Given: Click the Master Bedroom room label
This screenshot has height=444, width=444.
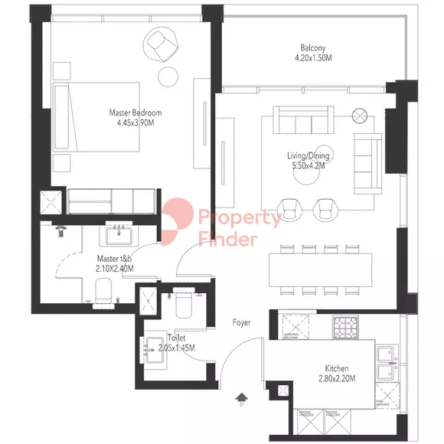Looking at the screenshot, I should point(135,113).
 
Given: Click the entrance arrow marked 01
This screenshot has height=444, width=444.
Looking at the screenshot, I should point(242,398).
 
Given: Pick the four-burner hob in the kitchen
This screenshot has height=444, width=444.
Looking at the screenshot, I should point(344,327).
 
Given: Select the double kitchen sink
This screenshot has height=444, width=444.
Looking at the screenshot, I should point(388,364).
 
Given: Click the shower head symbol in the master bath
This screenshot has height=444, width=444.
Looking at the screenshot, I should point(62,229).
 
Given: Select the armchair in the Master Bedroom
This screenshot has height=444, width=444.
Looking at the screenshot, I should point(163,44).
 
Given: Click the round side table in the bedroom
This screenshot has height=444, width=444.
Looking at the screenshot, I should point(168,75).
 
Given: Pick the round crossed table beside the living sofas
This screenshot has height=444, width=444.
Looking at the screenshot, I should point(359,116).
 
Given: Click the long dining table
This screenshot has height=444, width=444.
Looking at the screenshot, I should point(322,269).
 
